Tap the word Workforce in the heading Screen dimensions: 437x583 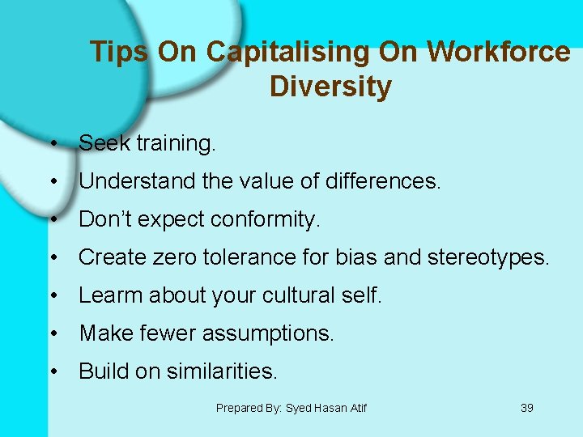tap(499, 52)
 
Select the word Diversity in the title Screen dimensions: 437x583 tap(330, 86)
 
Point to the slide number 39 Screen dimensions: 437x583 tap(526, 408)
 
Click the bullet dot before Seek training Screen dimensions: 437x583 tap(52, 144)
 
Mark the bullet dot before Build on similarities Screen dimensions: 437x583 tap(52, 371)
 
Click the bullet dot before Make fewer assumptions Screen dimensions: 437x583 tap(52, 333)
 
